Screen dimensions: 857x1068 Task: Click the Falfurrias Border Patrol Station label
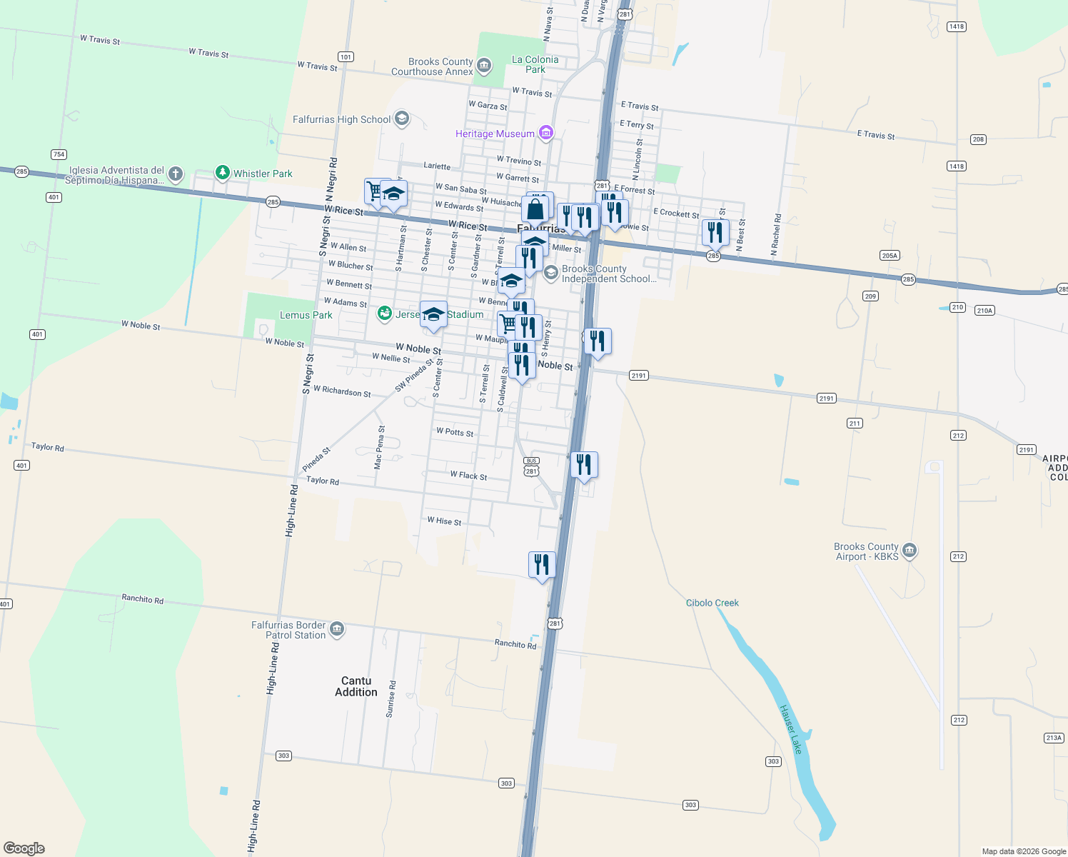pyautogui.click(x=288, y=630)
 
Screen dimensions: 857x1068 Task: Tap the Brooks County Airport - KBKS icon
pyautogui.click(x=910, y=551)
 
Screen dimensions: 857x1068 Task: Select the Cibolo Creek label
pyautogui.click(x=712, y=603)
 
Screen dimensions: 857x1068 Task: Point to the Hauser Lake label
pyautogui.click(x=791, y=729)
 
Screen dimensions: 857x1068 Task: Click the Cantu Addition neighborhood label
pyautogui.click(x=356, y=686)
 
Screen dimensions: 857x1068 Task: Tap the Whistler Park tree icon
pyautogui.click(x=223, y=173)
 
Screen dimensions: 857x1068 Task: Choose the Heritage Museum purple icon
pyautogui.click(x=546, y=133)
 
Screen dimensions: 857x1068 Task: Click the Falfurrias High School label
pyautogui.click(x=341, y=119)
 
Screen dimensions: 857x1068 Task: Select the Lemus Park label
pyautogui.click(x=306, y=315)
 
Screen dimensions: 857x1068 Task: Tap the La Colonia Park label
pyautogui.click(x=535, y=64)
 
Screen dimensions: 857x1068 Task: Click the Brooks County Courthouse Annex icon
pyautogui.click(x=484, y=66)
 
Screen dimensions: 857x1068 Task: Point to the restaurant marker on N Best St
pyautogui.click(x=715, y=233)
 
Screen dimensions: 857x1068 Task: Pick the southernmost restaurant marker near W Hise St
pyautogui.click(x=542, y=565)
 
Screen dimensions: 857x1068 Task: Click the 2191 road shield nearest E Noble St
pyautogui.click(x=638, y=376)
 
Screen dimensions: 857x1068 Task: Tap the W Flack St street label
pyautogui.click(x=468, y=476)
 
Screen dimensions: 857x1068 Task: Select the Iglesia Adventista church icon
pyautogui.click(x=176, y=174)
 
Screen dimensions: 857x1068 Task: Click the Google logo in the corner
pyautogui.click(x=24, y=848)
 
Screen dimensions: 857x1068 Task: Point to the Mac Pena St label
pyautogui.click(x=379, y=448)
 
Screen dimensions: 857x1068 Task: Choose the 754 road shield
pyautogui.click(x=59, y=154)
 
